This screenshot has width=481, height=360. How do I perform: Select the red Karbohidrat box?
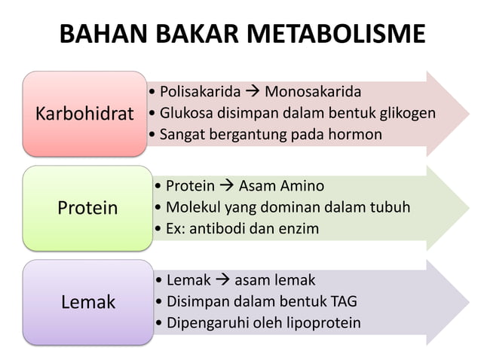tap(84, 114)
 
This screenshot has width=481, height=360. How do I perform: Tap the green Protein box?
tap(87, 208)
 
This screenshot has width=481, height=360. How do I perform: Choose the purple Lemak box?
tap(87, 302)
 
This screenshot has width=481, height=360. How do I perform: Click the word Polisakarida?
tap(200, 93)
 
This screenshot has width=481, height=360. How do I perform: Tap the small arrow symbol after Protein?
tap(226, 186)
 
